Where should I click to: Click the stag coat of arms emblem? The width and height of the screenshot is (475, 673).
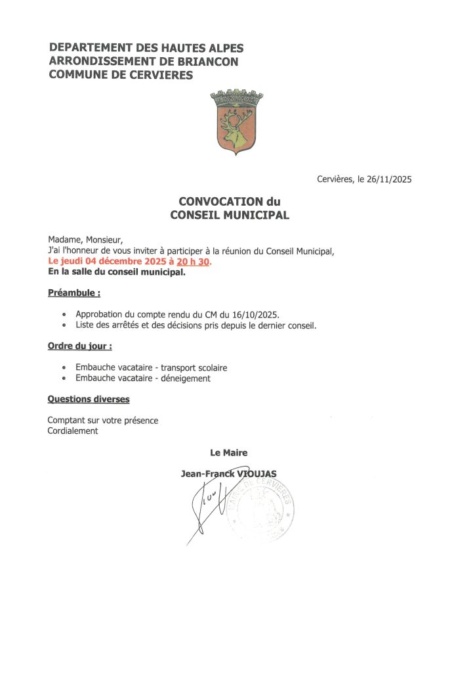(x=232, y=122)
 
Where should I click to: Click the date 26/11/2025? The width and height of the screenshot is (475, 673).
(x=388, y=179)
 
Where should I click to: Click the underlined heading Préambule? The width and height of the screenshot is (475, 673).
(x=73, y=292)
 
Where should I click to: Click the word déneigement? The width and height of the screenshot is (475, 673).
(x=186, y=378)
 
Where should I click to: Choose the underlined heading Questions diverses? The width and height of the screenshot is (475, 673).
(x=89, y=399)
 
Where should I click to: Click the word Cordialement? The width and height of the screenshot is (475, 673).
(x=72, y=430)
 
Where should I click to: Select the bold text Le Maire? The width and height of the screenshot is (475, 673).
(x=228, y=452)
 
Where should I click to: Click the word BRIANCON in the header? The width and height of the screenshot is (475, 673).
(x=204, y=61)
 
